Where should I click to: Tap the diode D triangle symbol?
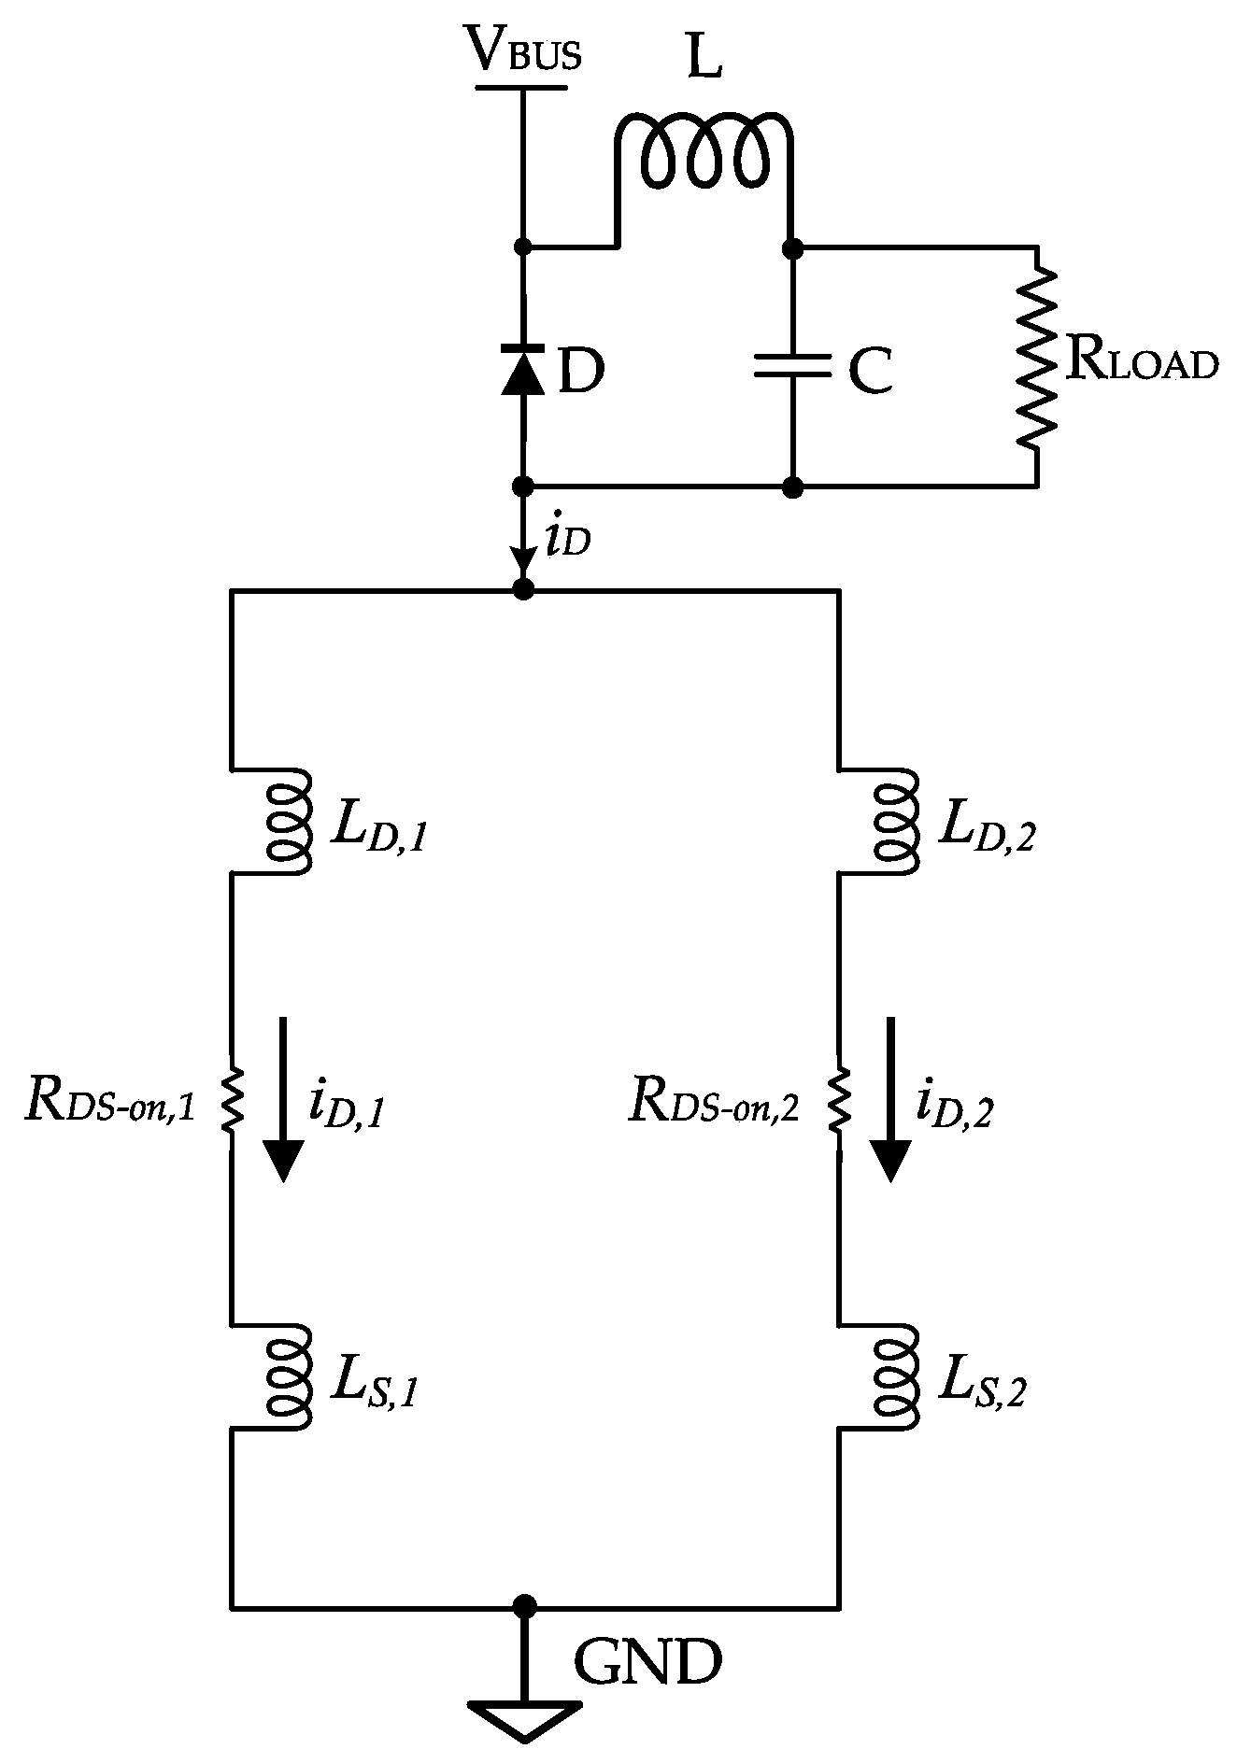(523, 370)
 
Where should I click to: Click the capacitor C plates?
(792, 365)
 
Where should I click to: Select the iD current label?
(567, 542)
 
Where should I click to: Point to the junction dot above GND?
(525, 1606)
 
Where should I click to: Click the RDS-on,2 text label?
(714, 1101)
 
